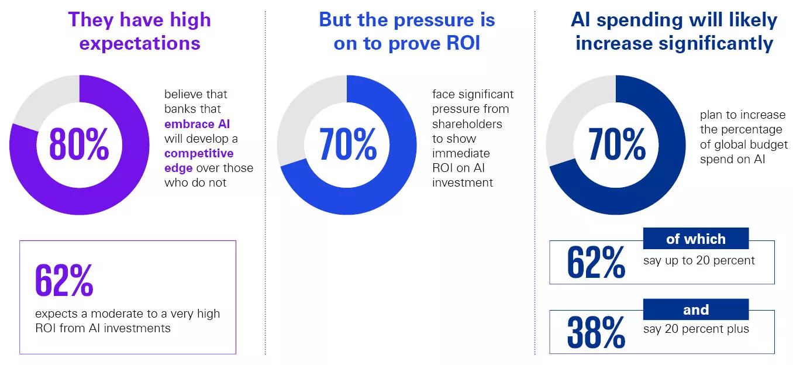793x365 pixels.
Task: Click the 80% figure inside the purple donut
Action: coord(79,144)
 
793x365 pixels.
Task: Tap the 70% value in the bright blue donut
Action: coord(347,144)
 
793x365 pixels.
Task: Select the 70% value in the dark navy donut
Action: coord(616,144)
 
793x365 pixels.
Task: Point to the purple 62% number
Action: coord(64,281)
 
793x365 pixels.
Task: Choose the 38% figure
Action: coord(595,332)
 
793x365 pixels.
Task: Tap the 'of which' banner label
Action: coord(695,239)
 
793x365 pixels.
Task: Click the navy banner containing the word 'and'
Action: coord(695,309)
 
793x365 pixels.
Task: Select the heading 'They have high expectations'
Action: coord(139,31)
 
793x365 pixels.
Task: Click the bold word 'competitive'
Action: coord(199,154)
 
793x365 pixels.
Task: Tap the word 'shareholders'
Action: coord(467,124)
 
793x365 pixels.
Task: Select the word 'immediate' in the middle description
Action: coord(461,153)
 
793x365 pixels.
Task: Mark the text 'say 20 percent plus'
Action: coord(696,329)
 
